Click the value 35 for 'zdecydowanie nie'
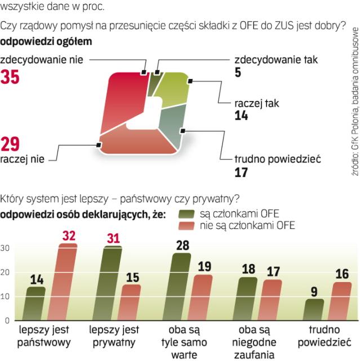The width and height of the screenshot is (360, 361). (x=10, y=77)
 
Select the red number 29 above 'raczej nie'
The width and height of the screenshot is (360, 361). (x=10, y=145)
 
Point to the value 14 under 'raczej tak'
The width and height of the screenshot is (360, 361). (x=241, y=116)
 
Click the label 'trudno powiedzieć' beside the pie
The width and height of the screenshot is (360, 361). (x=277, y=144)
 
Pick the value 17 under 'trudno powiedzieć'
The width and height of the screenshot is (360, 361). (x=241, y=157)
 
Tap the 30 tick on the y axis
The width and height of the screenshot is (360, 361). (x=5, y=248)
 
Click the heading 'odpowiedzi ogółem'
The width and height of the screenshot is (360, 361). (x=47, y=41)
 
